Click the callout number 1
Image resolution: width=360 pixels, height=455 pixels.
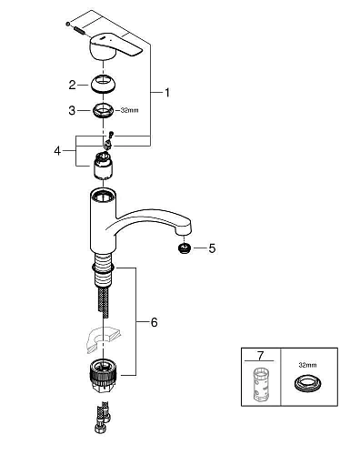(166, 93)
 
